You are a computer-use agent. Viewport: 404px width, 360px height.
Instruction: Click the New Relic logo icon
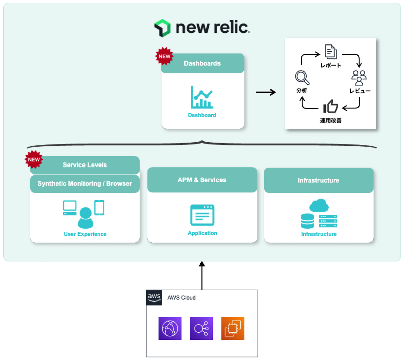point(162,28)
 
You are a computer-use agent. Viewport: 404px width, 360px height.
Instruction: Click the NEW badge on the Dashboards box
point(164,56)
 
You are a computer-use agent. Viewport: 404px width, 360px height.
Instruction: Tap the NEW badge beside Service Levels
point(34,159)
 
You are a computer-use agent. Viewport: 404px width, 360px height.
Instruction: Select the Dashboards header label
point(202,63)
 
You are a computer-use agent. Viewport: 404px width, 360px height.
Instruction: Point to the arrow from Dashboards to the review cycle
point(266,92)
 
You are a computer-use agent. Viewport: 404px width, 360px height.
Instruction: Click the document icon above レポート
point(330,52)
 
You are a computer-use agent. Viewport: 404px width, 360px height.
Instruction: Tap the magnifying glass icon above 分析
point(302,78)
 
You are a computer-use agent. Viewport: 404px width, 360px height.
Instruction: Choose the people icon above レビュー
point(359,78)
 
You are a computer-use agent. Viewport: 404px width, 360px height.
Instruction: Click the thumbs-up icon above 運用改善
point(330,107)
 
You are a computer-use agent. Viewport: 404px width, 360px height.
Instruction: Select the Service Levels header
point(85,165)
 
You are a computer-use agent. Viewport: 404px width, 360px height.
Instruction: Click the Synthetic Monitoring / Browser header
point(85,184)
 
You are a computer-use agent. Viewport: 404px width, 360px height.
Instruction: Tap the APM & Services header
point(202,180)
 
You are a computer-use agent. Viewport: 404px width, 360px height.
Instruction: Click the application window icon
point(202,215)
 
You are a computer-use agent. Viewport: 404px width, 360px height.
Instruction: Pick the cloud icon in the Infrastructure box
point(319,205)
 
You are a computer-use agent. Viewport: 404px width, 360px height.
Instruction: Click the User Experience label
point(85,234)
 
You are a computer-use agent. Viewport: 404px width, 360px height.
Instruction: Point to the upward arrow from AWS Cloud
point(202,275)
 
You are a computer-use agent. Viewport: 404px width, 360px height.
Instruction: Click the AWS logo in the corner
point(154,298)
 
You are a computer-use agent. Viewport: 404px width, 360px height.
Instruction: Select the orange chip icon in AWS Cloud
point(233,328)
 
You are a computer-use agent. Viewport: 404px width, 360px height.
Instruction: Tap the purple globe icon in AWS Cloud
point(170,328)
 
